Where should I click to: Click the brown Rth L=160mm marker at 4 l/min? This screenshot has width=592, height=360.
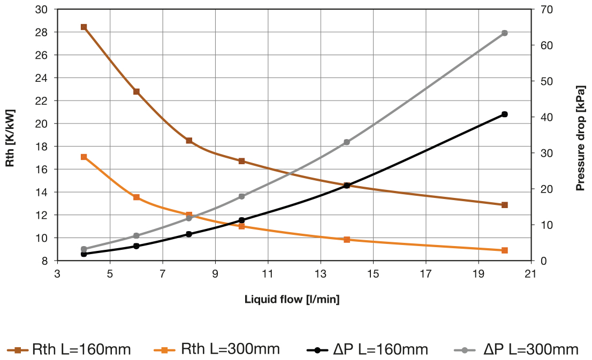click(x=84, y=27)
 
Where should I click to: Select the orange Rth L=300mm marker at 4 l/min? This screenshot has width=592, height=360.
click(x=84, y=157)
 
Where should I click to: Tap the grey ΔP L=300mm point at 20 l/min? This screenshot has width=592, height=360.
click(x=504, y=33)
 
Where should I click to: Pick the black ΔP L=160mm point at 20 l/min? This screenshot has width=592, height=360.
click(x=504, y=114)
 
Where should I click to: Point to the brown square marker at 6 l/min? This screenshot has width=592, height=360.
click(x=136, y=91)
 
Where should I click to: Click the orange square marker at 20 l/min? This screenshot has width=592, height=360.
click(x=504, y=250)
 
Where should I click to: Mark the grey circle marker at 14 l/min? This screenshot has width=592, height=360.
click(x=346, y=142)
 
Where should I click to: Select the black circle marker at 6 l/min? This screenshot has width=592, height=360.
click(x=136, y=246)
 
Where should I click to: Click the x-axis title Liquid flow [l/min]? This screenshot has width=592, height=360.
click(x=292, y=299)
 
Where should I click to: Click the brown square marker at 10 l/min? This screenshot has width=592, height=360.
click(x=241, y=161)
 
